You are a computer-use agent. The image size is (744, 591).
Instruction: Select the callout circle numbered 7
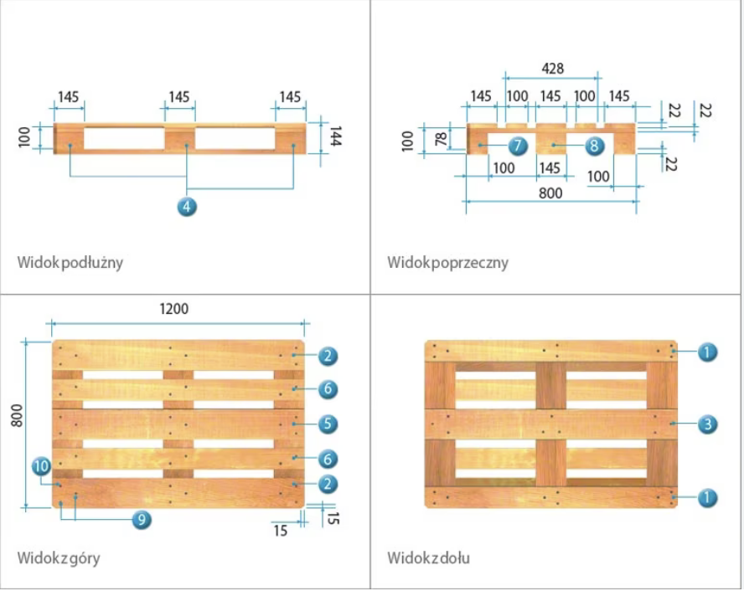(517, 146)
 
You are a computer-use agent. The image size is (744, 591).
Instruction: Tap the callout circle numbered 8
(593, 146)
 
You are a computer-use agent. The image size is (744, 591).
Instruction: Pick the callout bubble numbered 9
(142, 519)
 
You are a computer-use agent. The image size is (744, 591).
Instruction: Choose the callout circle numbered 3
(708, 424)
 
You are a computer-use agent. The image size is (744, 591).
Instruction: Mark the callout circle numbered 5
(328, 424)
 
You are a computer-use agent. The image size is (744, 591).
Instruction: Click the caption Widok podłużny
(70, 262)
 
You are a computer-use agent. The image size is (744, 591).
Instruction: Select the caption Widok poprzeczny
(447, 262)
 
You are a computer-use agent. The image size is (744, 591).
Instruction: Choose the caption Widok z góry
(59, 557)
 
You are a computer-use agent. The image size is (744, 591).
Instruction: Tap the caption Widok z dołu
(427, 557)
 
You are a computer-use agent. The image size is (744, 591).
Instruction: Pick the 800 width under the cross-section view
(550, 193)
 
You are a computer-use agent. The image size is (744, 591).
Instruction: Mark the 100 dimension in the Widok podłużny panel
(24, 137)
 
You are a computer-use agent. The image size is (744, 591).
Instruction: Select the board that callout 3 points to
(550, 424)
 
